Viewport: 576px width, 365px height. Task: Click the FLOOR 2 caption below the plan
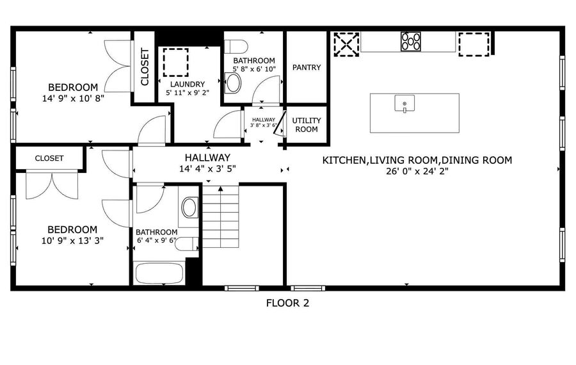point(287,303)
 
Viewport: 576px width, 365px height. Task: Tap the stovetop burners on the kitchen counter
point(411,41)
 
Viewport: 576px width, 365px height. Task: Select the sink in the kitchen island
point(404,104)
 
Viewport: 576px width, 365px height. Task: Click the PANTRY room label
point(307,67)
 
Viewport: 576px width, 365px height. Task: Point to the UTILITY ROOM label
point(307,125)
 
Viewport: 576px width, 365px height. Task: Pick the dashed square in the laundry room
point(175,62)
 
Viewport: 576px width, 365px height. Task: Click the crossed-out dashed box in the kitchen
point(346,44)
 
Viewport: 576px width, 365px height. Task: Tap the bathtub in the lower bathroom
point(159,273)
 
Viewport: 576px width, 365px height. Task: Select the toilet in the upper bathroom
point(236,47)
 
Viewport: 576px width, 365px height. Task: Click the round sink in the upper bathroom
point(233,83)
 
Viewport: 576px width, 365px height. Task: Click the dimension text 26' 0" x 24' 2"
point(417,171)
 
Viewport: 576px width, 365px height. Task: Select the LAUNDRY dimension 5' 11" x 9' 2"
point(188,93)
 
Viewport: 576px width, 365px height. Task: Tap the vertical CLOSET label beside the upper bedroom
point(145,67)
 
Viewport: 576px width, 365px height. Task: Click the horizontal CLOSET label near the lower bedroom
point(49,158)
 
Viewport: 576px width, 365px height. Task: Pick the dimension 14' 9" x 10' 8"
point(73,98)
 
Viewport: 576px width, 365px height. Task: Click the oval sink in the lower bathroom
point(189,207)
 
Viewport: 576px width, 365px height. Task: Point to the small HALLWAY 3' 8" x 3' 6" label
point(264,122)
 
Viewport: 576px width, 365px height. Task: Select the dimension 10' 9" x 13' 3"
point(72,241)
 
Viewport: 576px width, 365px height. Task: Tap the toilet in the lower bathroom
point(187,244)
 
